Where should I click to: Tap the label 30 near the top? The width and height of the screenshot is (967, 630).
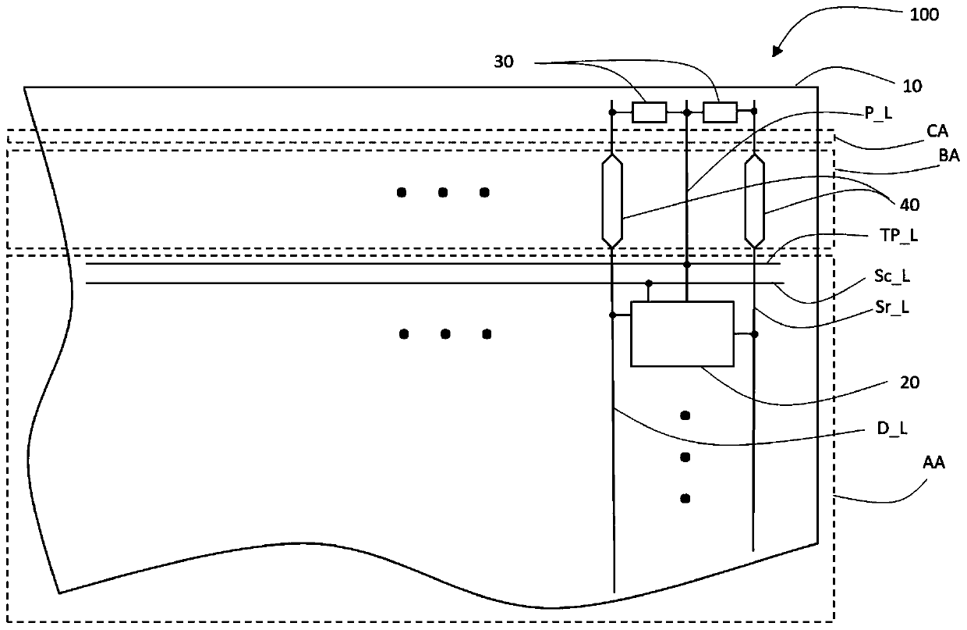[504, 62]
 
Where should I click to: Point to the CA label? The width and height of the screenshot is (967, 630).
[905, 132]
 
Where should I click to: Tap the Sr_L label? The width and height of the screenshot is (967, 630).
[891, 308]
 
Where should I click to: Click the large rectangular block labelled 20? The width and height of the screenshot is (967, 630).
[682, 333]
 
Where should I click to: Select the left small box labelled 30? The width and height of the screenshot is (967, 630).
[649, 112]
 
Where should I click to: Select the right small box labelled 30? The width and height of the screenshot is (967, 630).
[719, 112]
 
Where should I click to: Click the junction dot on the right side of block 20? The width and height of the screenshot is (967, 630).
[753, 334]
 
